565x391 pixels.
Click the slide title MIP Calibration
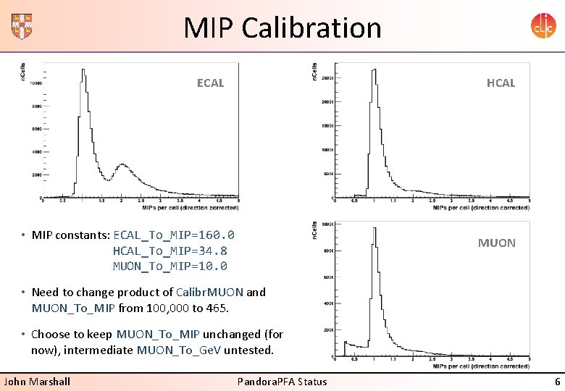[282, 28]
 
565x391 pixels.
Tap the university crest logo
[22, 26]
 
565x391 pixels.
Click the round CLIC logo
[543, 26]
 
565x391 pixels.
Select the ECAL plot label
[210, 83]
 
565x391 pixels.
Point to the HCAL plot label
[501, 83]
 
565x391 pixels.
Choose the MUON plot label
[496, 243]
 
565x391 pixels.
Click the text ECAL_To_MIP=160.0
[174, 235]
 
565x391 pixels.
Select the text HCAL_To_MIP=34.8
[169, 251]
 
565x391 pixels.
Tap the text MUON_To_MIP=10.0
[169, 266]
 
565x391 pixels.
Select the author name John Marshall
[38, 382]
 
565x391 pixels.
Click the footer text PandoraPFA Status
[282, 382]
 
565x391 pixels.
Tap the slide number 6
[557, 382]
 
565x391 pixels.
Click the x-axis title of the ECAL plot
[190, 208]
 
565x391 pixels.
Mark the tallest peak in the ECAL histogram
[83, 70]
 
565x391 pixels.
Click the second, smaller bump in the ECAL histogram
[123, 166]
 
